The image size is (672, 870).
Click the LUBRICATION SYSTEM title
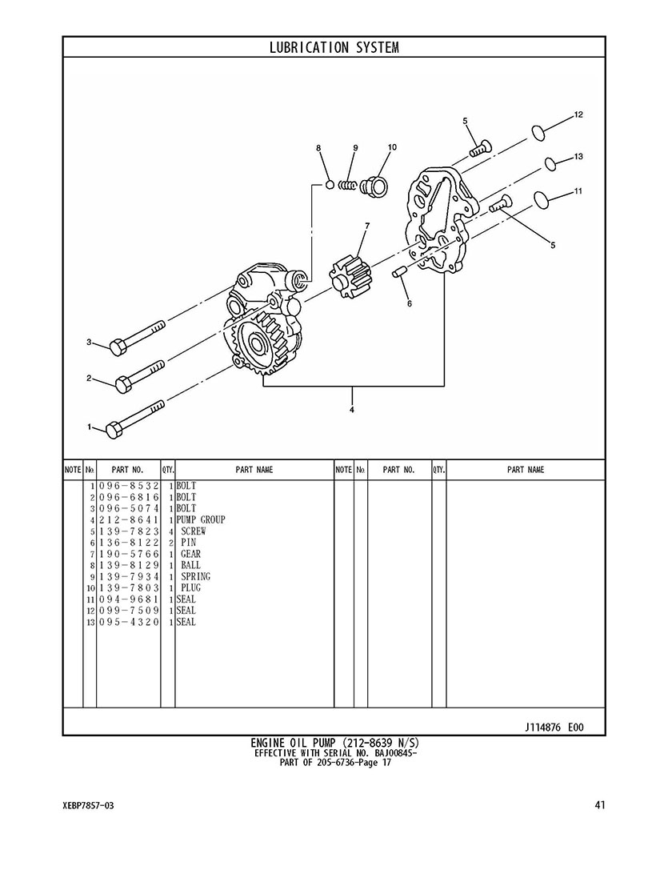tap(334, 48)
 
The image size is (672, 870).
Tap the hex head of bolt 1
tap(114, 430)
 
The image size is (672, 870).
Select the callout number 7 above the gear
tap(366, 226)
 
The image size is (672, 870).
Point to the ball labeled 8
tap(330, 185)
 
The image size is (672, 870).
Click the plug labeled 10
tap(375, 185)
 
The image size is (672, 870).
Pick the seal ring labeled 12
tap(538, 133)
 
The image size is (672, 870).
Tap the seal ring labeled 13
tap(550, 164)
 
